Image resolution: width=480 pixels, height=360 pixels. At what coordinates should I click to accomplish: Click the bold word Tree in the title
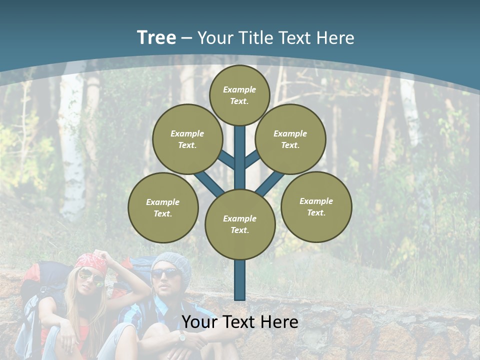click(x=156, y=37)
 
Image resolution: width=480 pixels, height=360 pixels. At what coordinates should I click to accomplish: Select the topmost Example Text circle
click(x=239, y=95)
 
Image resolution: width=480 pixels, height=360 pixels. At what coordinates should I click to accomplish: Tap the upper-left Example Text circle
click(x=187, y=139)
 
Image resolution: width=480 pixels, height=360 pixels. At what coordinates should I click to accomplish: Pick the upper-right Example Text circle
click(x=290, y=139)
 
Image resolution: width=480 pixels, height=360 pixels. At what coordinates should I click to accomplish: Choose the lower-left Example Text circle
click(x=163, y=207)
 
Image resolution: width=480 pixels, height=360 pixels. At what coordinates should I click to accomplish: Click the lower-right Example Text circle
click(x=316, y=206)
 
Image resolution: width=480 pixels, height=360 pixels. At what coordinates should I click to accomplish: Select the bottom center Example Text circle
click(x=240, y=224)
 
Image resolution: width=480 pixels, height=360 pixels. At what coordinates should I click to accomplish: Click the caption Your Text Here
click(x=240, y=322)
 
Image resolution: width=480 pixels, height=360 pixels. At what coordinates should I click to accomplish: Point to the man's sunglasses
click(x=165, y=273)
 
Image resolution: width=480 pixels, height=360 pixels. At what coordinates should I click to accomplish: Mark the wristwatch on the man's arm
click(x=182, y=337)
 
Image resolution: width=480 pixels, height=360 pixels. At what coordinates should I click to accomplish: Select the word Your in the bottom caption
click(x=198, y=322)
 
